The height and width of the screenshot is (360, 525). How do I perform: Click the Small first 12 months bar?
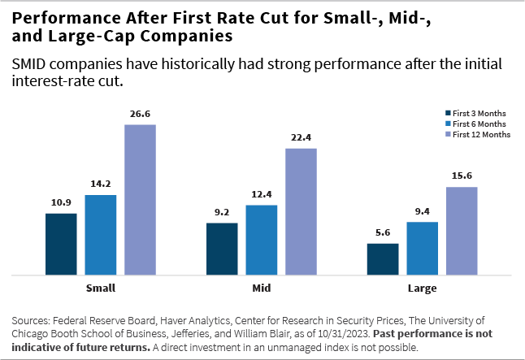click(140, 199)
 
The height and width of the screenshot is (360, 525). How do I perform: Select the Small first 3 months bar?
click(61, 244)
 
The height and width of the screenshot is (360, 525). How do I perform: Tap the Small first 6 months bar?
click(101, 234)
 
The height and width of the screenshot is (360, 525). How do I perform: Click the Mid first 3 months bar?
click(222, 248)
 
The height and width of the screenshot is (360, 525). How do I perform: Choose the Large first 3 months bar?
click(383, 258)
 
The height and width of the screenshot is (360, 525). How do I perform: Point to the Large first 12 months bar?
click(462, 231)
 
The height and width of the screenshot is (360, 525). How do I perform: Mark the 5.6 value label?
click(383, 233)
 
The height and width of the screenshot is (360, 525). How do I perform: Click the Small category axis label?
click(100, 288)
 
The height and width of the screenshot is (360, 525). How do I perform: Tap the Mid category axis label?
click(261, 288)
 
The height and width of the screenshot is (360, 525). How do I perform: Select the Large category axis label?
click(422, 288)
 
